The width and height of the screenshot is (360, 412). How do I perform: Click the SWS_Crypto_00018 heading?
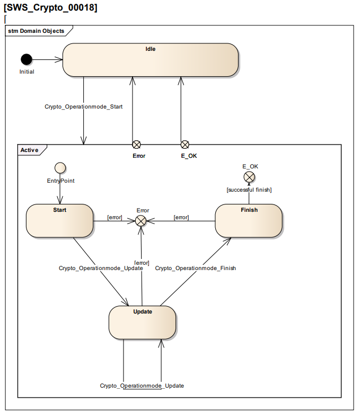click(x=50, y=7)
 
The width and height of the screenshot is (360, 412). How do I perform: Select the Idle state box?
click(x=150, y=60)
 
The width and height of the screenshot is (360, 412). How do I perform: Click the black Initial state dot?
click(x=27, y=60)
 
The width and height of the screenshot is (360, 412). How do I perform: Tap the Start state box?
click(x=59, y=221)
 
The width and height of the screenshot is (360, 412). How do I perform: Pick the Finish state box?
click(x=249, y=221)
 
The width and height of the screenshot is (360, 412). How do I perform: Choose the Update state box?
click(x=142, y=323)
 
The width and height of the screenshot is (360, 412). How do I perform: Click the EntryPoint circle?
click(x=60, y=168)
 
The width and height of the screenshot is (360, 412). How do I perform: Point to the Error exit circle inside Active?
click(x=141, y=221)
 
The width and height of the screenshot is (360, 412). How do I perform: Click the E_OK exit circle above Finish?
click(x=249, y=177)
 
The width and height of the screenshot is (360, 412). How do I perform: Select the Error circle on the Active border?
click(x=136, y=145)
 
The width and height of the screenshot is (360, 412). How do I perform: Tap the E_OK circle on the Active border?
click(x=185, y=145)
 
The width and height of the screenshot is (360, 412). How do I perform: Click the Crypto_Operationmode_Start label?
click(x=83, y=106)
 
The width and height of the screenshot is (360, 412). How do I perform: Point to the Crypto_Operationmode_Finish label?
click(x=195, y=268)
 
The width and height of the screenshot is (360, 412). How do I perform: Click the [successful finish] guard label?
click(x=249, y=190)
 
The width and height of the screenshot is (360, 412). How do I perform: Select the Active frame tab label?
click(x=29, y=150)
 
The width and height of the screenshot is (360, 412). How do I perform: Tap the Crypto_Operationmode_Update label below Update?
click(x=142, y=386)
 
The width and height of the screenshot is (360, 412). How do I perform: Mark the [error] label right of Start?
click(x=115, y=217)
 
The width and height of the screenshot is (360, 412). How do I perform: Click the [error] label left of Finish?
click(x=181, y=217)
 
